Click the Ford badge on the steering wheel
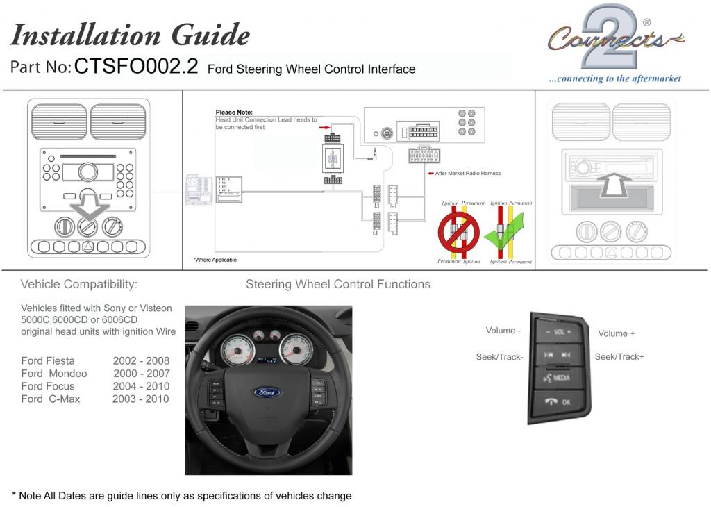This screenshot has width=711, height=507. pyautogui.click(x=266, y=392)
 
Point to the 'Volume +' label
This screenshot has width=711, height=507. pyautogui.click(x=617, y=333)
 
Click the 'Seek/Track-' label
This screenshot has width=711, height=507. pyautogui.click(x=499, y=356)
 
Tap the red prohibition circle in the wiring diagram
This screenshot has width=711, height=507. pyautogui.click(x=458, y=233)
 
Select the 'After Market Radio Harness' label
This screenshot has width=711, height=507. pyautogui.click(x=467, y=173)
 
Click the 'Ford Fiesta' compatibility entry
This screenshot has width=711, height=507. pyautogui.click(x=48, y=360)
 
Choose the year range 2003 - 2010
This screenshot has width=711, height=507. pyautogui.click(x=140, y=399)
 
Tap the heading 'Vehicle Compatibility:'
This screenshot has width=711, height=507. pyautogui.click(x=79, y=284)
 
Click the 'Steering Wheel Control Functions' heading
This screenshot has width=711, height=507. pyautogui.click(x=337, y=284)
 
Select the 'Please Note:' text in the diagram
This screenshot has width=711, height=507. pyautogui.click(x=234, y=112)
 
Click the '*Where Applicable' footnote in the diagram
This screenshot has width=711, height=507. pyautogui.click(x=215, y=260)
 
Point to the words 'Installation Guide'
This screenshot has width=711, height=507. pyautogui.click(x=131, y=34)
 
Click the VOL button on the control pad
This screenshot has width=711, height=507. pyautogui.click(x=558, y=332)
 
